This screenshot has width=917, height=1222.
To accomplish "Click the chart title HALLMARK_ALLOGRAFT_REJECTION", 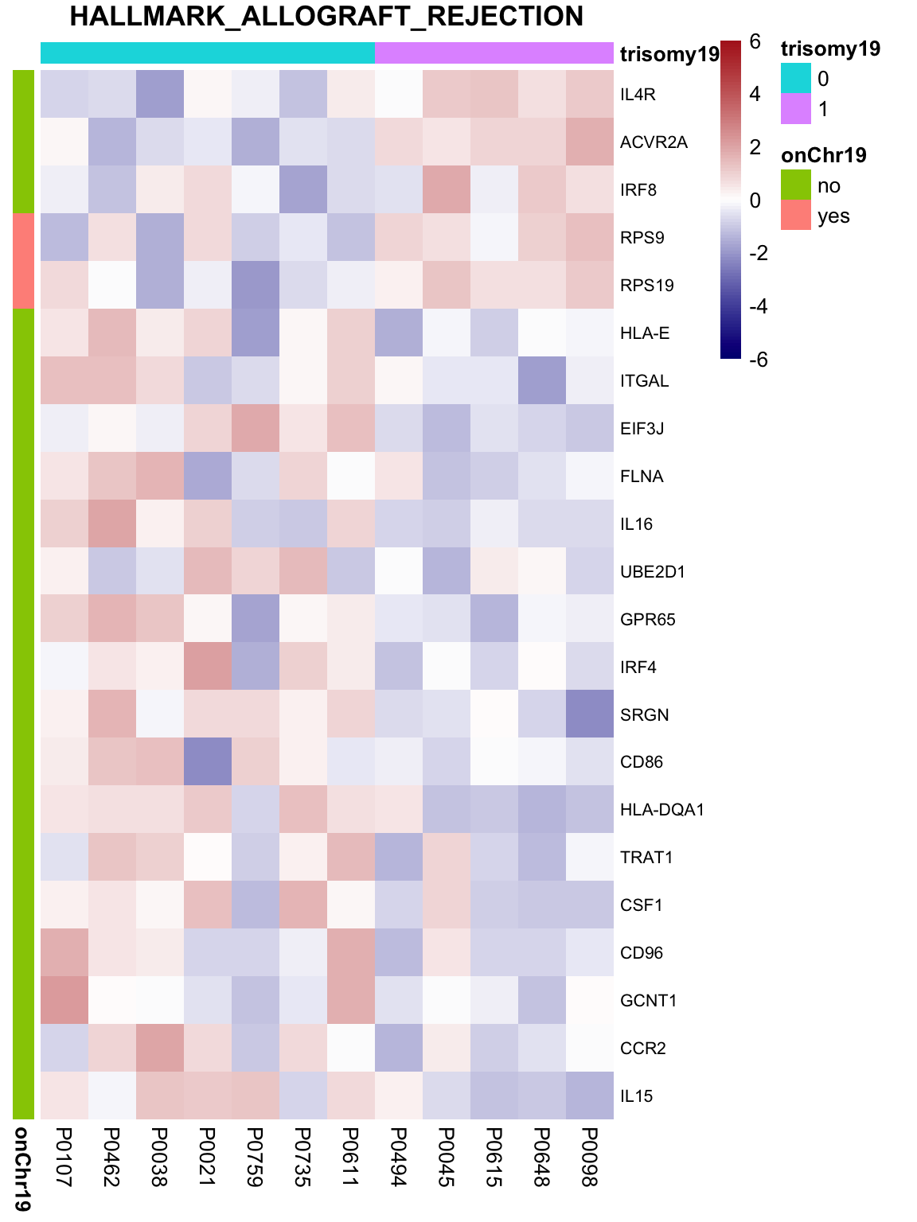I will [x=326, y=16].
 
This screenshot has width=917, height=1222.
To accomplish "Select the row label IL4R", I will [x=637, y=95].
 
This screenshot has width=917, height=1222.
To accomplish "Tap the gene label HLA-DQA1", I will [x=661, y=810].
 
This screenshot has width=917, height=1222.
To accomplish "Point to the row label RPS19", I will [x=646, y=286].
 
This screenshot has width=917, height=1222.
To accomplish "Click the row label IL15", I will [x=636, y=1096].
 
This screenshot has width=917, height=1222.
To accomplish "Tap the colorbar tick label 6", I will [x=755, y=41].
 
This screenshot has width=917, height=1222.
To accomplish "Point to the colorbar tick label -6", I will [x=758, y=360].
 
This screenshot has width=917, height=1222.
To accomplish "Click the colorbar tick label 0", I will [x=755, y=200].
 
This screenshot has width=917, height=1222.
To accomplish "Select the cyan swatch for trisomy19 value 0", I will [x=795, y=78].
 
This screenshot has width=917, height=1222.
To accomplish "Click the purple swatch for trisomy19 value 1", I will [x=795, y=108].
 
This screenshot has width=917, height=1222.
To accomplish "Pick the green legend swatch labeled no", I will [x=795, y=185].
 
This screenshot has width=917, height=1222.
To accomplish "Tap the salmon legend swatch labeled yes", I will [x=795, y=216].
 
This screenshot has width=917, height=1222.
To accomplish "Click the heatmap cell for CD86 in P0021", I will [x=208, y=761].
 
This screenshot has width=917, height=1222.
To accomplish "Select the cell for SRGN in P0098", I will [x=590, y=714].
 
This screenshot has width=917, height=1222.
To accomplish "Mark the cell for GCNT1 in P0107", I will [x=64, y=1000].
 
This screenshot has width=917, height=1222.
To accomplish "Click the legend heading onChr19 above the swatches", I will [x=823, y=155].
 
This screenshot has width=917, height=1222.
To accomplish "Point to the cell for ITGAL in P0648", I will [x=542, y=380].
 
